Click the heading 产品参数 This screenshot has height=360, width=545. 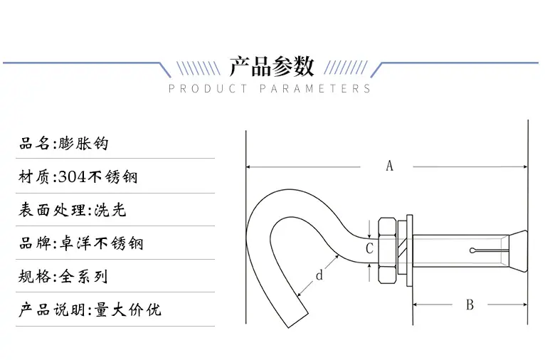tap(272, 66)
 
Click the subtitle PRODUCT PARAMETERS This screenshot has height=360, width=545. tap(270, 89)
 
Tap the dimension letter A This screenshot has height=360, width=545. tap(389, 166)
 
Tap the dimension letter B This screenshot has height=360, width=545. tap(470, 305)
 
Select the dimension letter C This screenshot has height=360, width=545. tap(369, 248)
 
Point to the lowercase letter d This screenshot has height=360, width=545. tap(319, 275)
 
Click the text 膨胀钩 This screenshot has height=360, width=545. tap(83, 143)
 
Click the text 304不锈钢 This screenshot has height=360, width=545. tap(97, 177)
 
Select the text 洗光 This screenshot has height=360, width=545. tap(110, 210)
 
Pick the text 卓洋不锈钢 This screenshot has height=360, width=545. tap(101, 243)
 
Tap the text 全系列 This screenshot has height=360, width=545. tap(83, 277)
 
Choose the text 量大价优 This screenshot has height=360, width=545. tap(127, 309)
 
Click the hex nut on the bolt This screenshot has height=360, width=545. tap(387, 251)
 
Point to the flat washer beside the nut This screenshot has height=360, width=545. tap(409, 250)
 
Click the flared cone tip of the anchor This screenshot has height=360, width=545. tap(518, 250)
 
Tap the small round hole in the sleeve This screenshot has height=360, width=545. tap(472, 250)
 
